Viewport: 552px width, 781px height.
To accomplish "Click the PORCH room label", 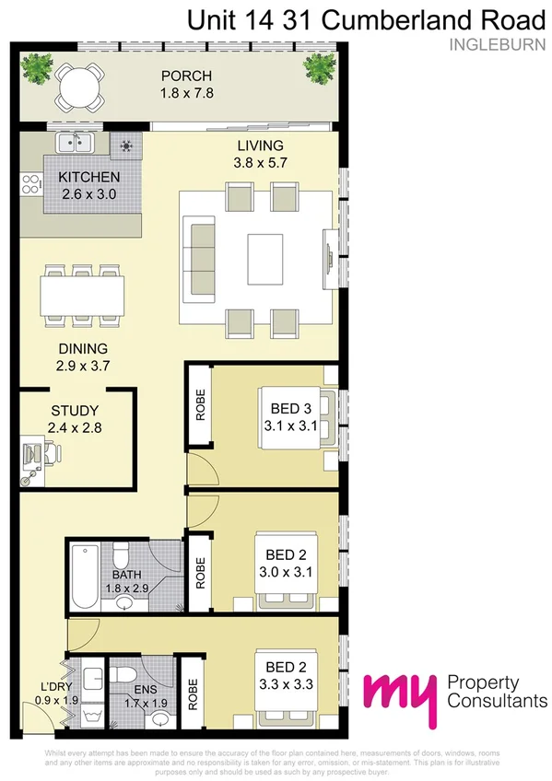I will click(x=185, y=76).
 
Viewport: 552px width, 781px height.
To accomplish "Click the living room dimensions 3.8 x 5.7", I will click(x=259, y=162).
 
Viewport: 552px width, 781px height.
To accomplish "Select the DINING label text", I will click(x=83, y=348).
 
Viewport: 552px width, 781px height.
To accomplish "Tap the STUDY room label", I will click(x=75, y=410).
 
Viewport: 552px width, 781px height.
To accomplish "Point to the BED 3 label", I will click(x=290, y=407).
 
